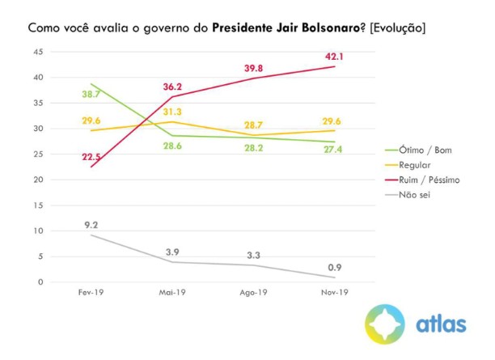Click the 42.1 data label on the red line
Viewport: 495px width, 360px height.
tap(334, 57)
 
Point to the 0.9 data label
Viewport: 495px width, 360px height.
tap(334, 266)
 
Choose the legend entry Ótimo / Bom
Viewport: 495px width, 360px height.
tap(417, 150)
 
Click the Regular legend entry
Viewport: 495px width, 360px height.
tap(411, 165)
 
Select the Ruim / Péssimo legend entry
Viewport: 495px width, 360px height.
tap(423, 180)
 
